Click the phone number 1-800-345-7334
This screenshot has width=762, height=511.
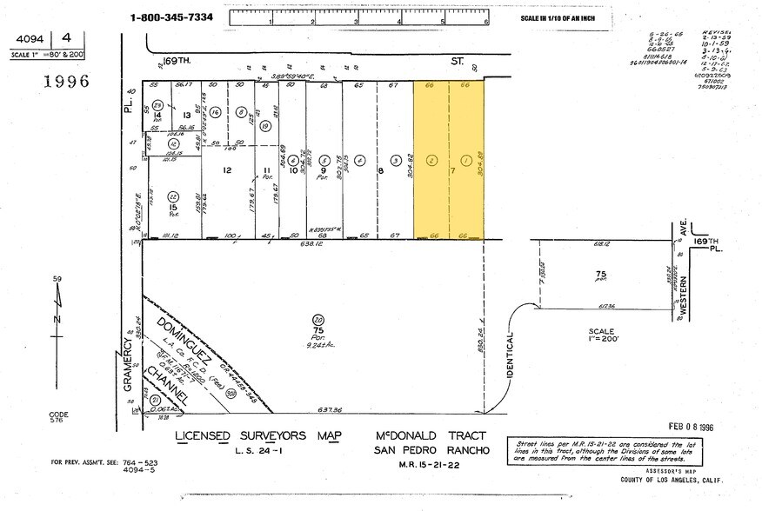172,17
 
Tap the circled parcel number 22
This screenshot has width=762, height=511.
174,196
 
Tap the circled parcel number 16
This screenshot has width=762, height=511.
214,112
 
